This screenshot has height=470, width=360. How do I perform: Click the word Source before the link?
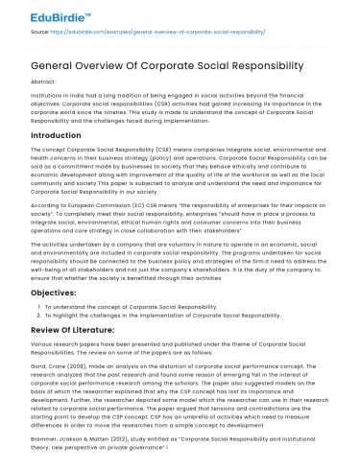click(x=30, y=31)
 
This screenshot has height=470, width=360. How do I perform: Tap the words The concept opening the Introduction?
click(x=48, y=152)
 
